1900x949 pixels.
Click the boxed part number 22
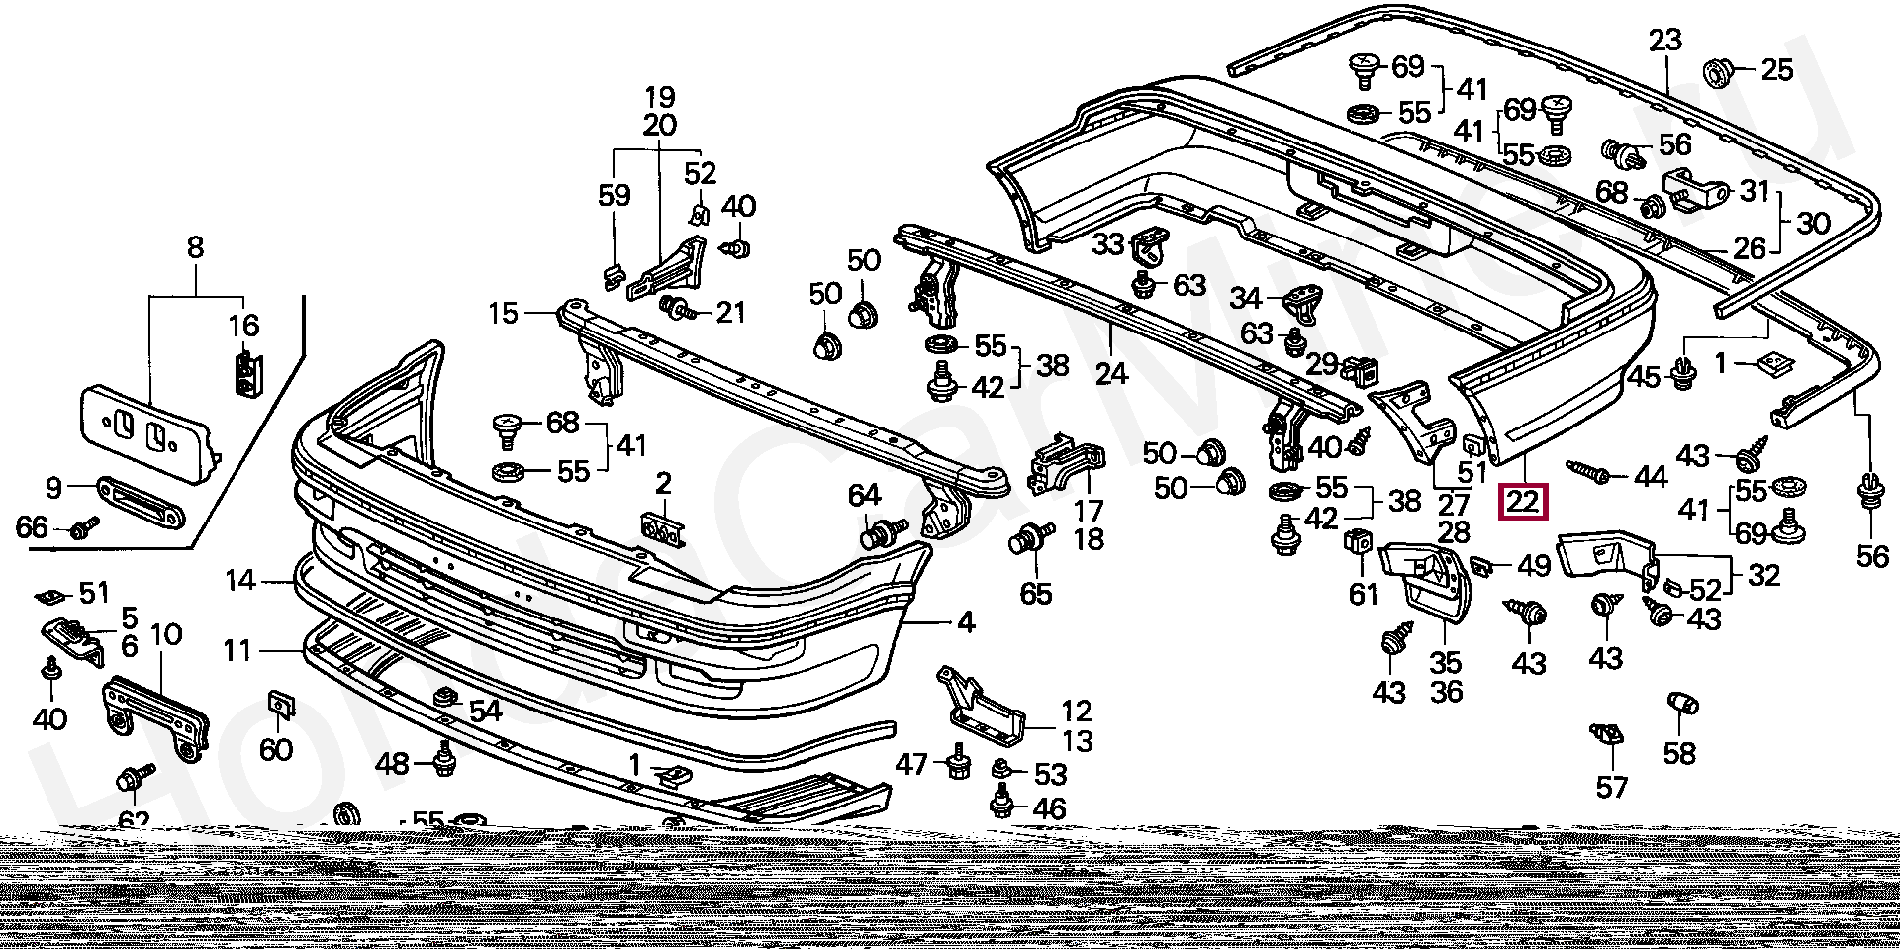[1523, 501]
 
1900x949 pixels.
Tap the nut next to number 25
[1716, 71]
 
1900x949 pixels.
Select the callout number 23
[1664, 41]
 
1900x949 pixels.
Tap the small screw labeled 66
[84, 527]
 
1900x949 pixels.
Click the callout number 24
[1111, 373]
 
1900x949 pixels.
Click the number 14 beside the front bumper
[239, 580]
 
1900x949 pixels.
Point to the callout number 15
[503, 314]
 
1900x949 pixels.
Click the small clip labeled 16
[244, 371]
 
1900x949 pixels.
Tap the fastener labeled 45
[1681, 374]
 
